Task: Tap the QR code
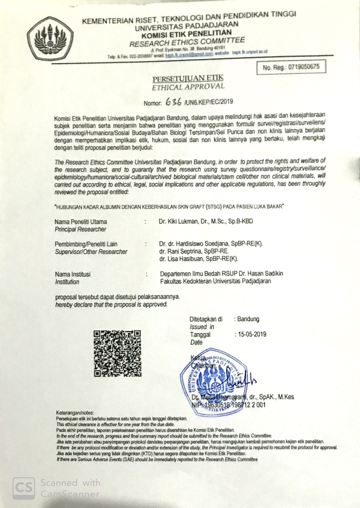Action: click(x=117, y=354)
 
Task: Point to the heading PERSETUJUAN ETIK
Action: click(x=188, y=79)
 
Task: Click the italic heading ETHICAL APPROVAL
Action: click(x=188, y=87)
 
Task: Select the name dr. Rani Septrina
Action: click(x=194, y=251)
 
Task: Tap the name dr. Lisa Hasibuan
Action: click(x=199, y=259)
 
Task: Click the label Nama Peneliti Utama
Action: click(x=81, y=222)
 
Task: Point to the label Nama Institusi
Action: click(x=73, y=274)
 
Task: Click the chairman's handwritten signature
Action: click(x=242, y=381)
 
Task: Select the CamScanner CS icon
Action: click(x=23, y=488)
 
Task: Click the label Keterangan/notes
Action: click(x=75, y=413)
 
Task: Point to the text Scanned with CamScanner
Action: click(x=70, y=488)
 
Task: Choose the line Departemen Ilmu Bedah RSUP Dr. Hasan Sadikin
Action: click(x=222, y=273)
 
